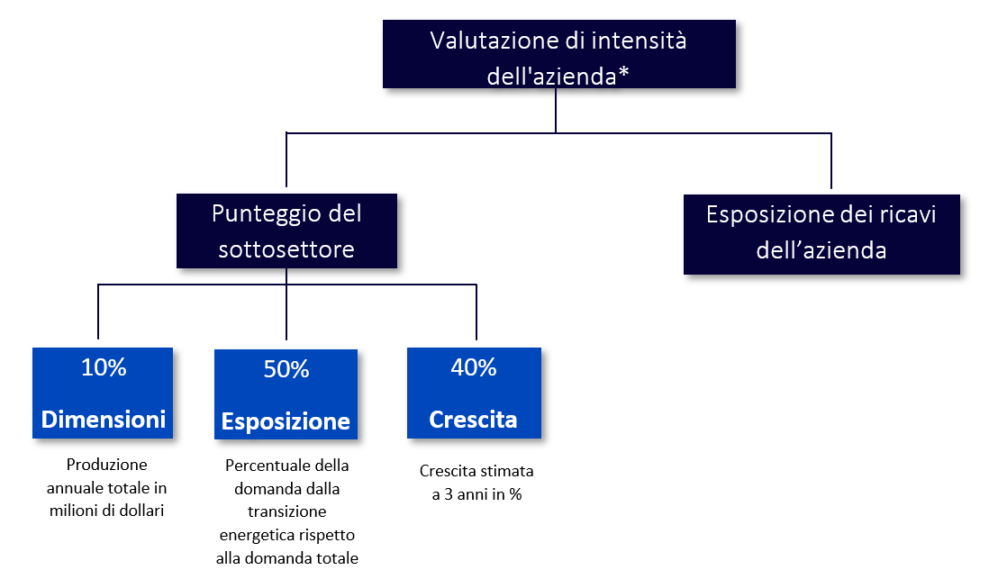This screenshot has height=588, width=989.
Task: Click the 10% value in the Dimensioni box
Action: (x=104, y=367)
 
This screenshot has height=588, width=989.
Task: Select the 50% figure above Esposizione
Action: (x=286, y=369)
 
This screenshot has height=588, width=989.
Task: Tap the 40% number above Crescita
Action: (x=474, y=367)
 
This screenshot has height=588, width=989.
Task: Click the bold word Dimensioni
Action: (x=104, y=419)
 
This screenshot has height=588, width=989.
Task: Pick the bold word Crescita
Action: (x=473, y=419)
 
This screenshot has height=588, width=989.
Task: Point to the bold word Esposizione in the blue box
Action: (x=286, y=421)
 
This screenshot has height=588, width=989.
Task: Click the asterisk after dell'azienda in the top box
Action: (x=623, y=72)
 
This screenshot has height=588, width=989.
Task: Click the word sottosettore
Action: (x=286, y=249)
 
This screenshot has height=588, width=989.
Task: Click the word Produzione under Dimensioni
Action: (x=106, y=465)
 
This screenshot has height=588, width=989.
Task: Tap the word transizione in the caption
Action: (x=287, y=511)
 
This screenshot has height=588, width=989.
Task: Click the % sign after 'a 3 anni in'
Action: (x=515, y=494)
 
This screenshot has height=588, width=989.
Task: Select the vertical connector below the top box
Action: (x=556, y=110)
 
